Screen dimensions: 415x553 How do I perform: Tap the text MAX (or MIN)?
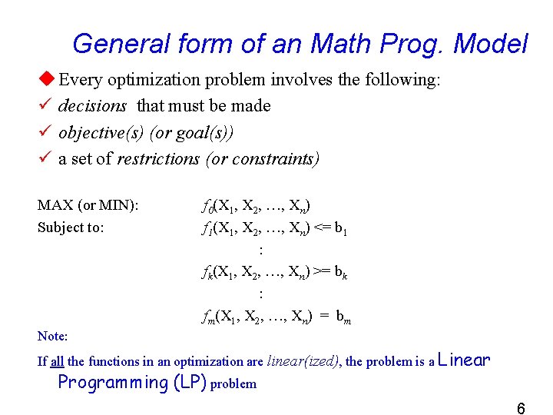(x=88, y=205)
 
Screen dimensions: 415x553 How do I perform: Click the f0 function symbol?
(x=207, y=206)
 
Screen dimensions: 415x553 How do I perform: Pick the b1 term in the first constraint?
(x=342, y=228)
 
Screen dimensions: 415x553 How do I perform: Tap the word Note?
(x=52, y=336)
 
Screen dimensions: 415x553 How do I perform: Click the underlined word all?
(x=57, y=361)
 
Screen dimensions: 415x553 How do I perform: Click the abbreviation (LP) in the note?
(x=189, y=383)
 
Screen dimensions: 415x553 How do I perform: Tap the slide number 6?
(x=521, y=408)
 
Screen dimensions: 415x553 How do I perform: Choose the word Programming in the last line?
(x=113, y=383)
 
